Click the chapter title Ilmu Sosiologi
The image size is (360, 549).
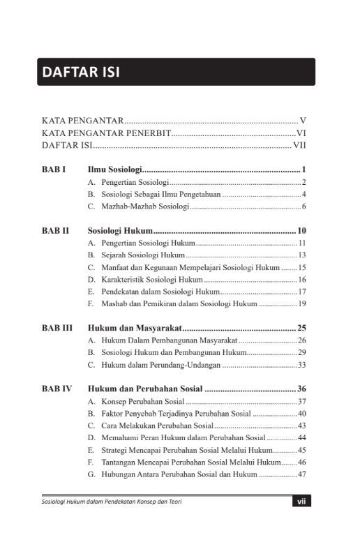tap(115, 170)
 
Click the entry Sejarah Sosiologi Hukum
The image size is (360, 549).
tap(138, 255)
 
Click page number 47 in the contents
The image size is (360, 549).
tap(302, 474)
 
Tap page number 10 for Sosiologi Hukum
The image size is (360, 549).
tap(302, 231)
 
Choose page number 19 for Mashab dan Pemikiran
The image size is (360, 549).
tap(302, 303)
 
